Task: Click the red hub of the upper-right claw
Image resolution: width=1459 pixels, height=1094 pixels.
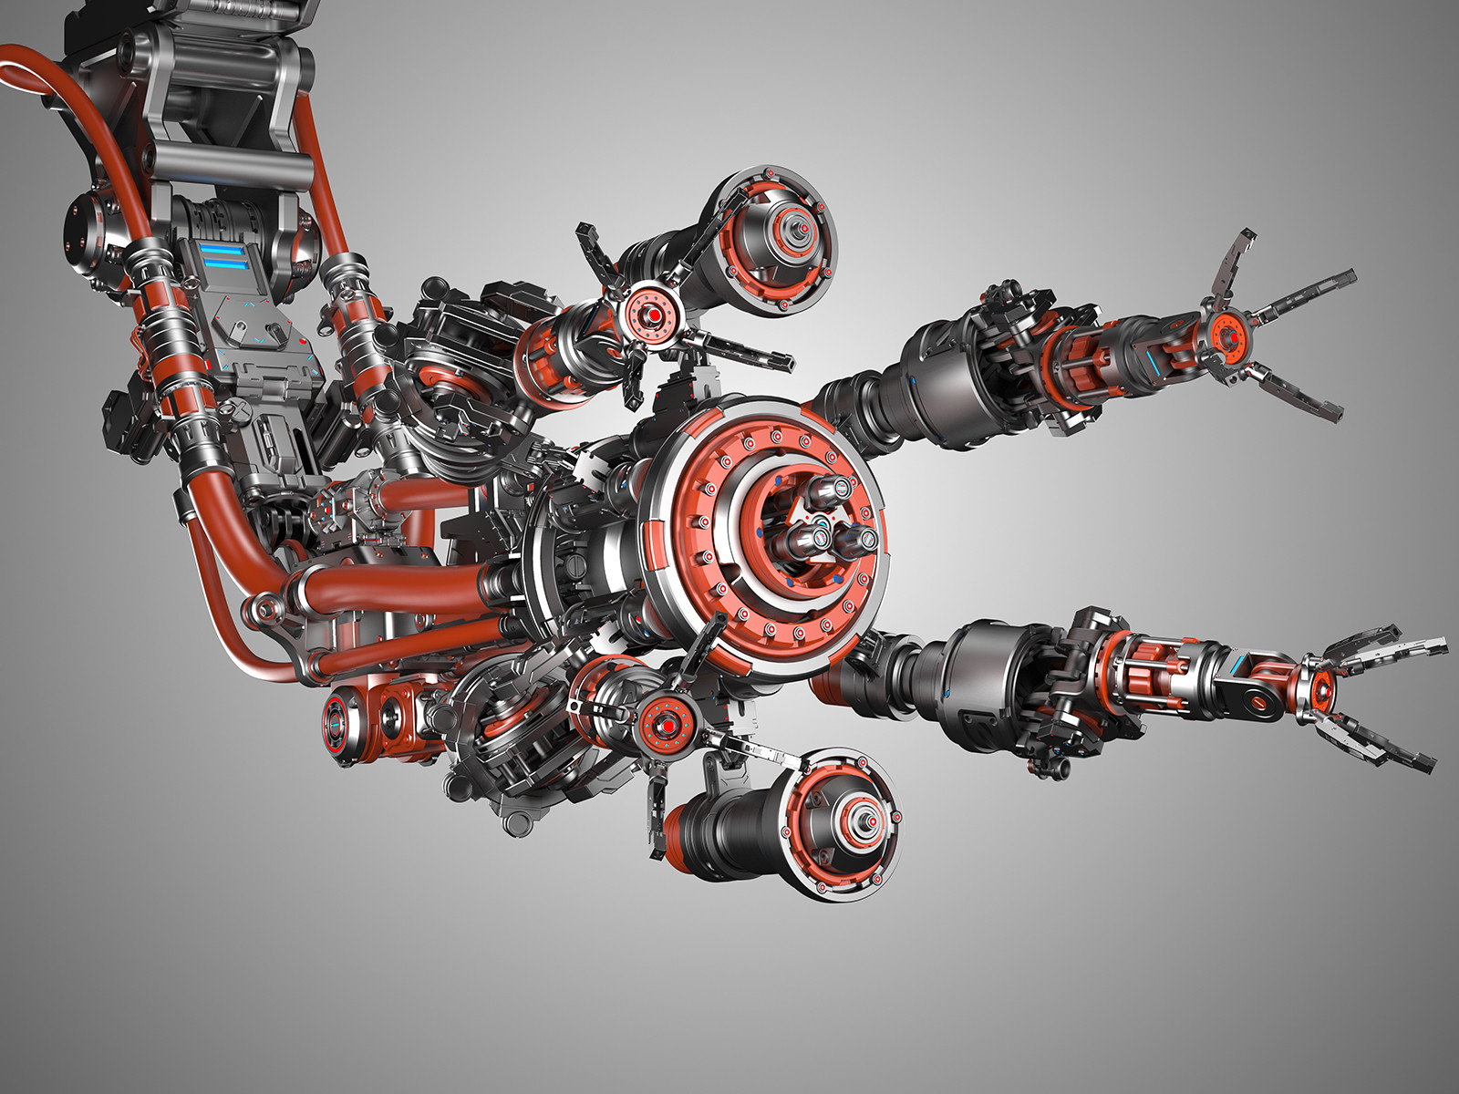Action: click(1227, 338)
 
